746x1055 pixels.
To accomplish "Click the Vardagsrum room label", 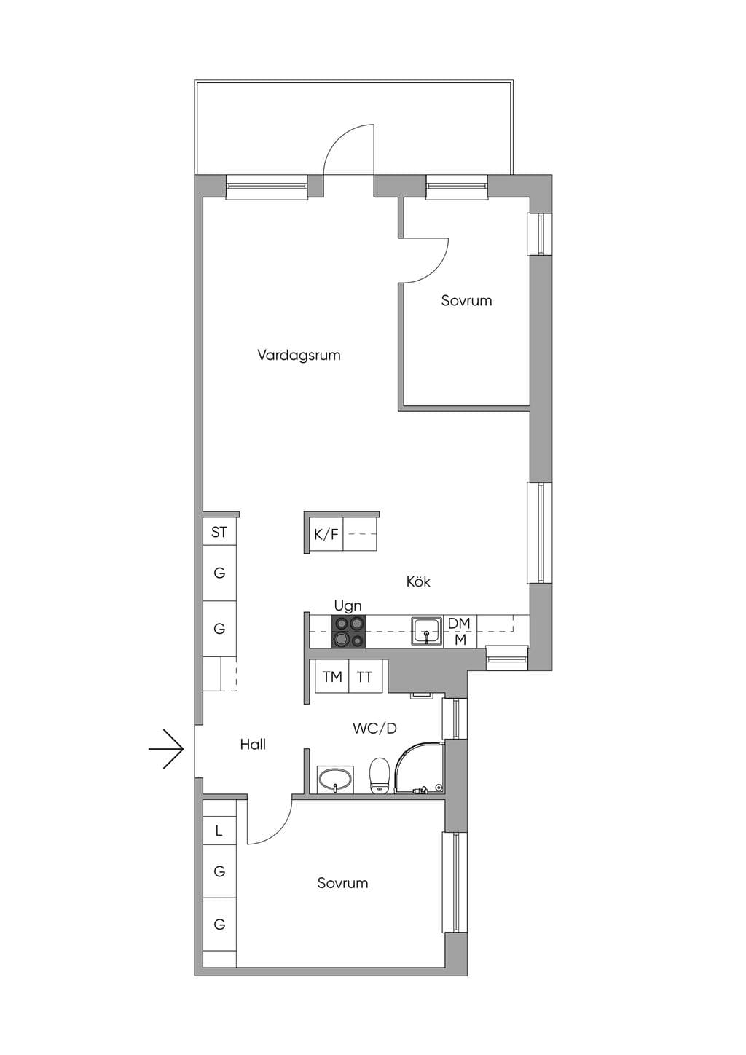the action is (299, 355).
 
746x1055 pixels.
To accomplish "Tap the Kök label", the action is (418, 581).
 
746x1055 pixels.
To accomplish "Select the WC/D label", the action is (374, 729).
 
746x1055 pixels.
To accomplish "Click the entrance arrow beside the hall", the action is (166, 749).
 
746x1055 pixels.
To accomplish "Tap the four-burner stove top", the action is (348, 632).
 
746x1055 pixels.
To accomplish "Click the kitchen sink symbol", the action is (427, 631).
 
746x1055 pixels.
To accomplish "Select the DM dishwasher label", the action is (459, 623).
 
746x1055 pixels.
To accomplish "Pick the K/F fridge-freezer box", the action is (326, 534).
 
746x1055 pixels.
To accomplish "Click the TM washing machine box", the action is (332, 677).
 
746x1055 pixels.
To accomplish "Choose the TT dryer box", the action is (365, 677).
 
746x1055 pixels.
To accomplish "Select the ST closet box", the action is (219, 532).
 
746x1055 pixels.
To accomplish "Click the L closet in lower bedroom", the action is (219, 831).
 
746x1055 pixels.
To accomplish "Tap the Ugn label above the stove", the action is (348, 605).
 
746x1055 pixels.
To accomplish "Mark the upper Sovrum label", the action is (466, 300).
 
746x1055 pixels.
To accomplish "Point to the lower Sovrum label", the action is (342, 883).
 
